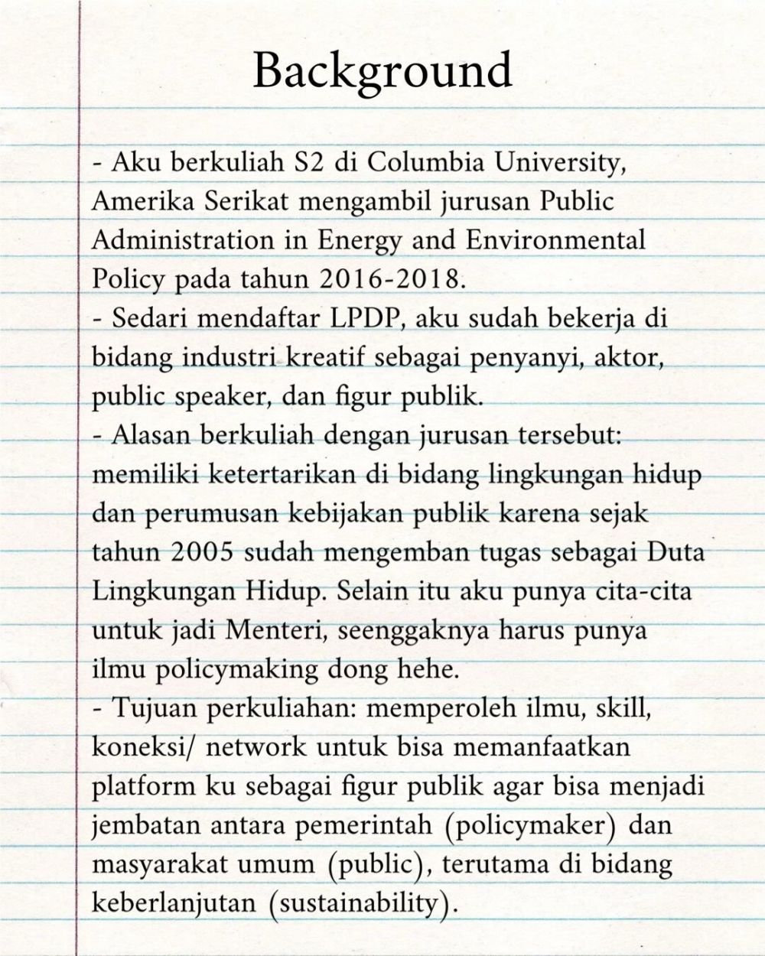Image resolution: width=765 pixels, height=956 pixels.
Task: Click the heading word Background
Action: pyautogui.click(x=382, y=70)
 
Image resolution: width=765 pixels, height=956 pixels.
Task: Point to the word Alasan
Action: pyautogui.click(x=150, y=435)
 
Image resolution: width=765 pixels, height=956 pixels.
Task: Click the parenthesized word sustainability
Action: pyautogui.click(x=360, y=903)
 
